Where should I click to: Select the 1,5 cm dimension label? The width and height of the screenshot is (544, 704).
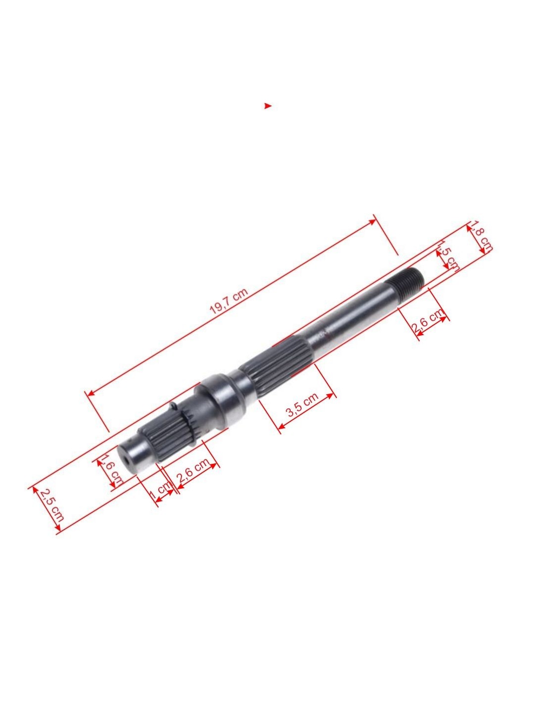(448, 256)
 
